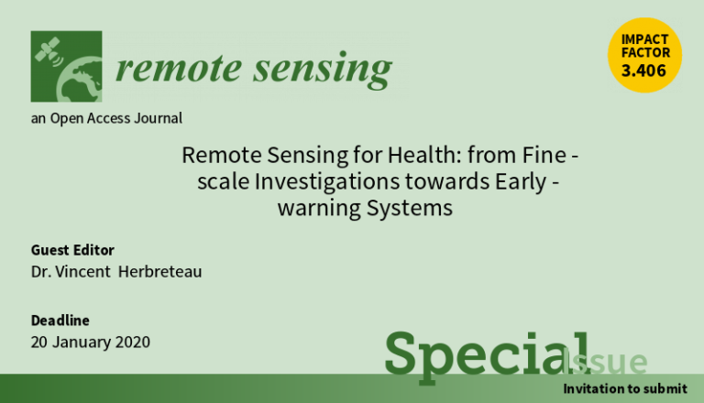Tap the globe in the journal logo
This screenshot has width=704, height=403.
pyautogui.click(x=80, y=80)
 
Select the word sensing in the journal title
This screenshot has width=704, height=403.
pyautogui.click(x=323, y=70)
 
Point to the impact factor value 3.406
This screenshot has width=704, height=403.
pyautogui.click(x=643, y=71)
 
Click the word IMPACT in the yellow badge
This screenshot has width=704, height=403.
pyautogui.click(x=644, y=39)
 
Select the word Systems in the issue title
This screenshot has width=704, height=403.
pyautogui.click(x=409, y=209)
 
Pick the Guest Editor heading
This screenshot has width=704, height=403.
pyautogui.click(x=72, y=250)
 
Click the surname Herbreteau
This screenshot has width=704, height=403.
pyautogui.click(x=159, y=271)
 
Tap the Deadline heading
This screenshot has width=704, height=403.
pyautogui.click(x=60, y=321)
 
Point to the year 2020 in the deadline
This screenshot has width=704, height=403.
pyautogui.click(x=132, y=342)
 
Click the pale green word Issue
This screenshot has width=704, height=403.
pyautogui.click(x=604, y=361)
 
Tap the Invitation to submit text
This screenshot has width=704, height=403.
pyautogui.click(x=625, y=388)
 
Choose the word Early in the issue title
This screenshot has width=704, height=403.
pyautogui.click(x=521, y=182)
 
